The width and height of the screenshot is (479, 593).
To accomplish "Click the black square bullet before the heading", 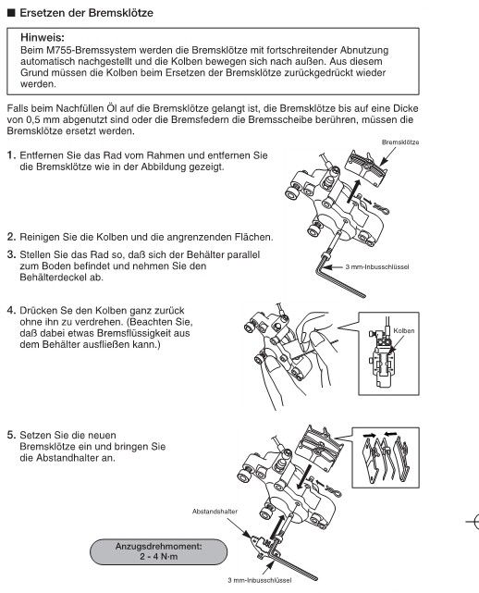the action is (x=11, y=13).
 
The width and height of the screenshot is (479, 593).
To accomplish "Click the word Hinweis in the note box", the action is (x=42, y=38).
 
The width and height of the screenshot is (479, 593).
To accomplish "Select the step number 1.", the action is (x=11, y=155).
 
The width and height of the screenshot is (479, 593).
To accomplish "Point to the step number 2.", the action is (x=11, y=237).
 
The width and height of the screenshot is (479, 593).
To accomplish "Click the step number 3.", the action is (x=11, y=254).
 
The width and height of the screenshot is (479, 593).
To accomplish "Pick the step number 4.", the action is (x=11, y=311).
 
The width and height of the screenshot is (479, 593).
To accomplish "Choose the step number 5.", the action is (x=11, y=436).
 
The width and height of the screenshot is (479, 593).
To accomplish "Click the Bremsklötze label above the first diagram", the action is (x=400, y=142).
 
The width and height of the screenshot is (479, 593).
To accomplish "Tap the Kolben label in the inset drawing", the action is (x=404, y=331).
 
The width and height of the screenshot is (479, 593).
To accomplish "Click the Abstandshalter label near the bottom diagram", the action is (x=215, y=512).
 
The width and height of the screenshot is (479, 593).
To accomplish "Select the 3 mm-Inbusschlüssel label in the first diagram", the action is (x=377, y=267).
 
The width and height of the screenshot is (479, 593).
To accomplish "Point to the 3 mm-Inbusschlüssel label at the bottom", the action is (x=259, y=580).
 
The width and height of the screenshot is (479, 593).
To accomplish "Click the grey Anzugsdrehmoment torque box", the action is (x=158, y=551).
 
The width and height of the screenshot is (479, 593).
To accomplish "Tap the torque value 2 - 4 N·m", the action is (x=158, y=557).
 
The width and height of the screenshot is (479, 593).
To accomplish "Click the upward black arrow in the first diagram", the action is (x=353, y=191).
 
